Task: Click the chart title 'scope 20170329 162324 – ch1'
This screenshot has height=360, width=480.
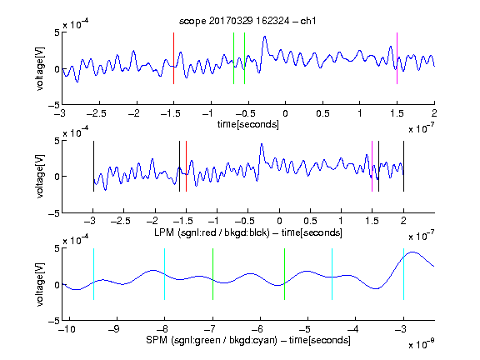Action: click(x=247, y=21)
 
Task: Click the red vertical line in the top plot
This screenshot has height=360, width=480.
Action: click(x=173, y=58)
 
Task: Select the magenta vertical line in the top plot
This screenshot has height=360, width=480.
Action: click(x=397, y=58)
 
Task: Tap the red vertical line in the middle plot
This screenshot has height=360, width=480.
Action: click(x=186, y=166)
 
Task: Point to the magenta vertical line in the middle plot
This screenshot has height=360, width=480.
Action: click(x=372, y=166)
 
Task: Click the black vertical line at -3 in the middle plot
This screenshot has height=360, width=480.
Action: click(x=93, y=166)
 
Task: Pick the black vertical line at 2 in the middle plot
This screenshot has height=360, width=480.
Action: click(x=403, y=166)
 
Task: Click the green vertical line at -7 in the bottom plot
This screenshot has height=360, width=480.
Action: click(x=212, y=274)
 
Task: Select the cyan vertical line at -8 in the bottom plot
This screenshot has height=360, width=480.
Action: click(x=165, y=274)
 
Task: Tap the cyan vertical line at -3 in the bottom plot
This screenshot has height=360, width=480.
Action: click(x=403, y=274)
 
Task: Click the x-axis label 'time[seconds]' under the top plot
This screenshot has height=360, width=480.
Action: click(x=248, y=124)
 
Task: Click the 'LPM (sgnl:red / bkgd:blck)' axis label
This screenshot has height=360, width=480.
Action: click(x=212, y=232)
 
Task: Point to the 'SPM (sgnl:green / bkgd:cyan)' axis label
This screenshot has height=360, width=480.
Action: click(x=212, y=340)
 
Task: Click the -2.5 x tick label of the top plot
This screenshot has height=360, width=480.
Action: click(x=97, y=113)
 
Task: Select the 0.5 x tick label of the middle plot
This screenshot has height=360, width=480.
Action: click(x=310, y=221)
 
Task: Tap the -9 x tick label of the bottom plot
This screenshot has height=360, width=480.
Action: click(x=114, y=329)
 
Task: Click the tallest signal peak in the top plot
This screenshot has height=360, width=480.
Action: click(x=265, y=37)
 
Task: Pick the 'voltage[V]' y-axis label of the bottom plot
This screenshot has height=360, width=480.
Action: click(x=40, y=284)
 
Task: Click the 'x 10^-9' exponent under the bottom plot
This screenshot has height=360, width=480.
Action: click(x=422, y=344)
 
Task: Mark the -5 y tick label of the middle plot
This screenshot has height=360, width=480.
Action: click(x=54, y=213)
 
